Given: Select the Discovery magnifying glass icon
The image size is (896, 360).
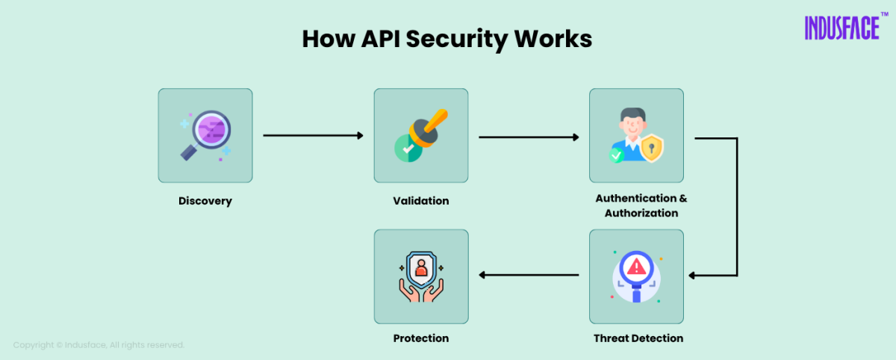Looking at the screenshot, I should [205, 135].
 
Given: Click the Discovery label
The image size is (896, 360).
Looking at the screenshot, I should [205, 201].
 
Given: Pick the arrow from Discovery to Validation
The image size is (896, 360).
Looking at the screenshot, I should [313, 136].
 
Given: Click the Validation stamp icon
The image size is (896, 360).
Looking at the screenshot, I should [420, 135].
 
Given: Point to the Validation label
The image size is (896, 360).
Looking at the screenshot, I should [421, 201].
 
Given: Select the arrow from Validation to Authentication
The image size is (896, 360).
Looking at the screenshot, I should [529, 137].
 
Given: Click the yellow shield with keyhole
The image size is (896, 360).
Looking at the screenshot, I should [652, 149].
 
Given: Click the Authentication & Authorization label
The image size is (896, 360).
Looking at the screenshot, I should [641, 206].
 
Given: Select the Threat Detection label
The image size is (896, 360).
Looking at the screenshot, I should [638, 338].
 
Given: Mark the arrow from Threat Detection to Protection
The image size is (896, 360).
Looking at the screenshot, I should [529, 275].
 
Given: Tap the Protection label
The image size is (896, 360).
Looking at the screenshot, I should [421, 338].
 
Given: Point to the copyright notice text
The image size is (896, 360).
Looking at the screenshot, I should [99, 345].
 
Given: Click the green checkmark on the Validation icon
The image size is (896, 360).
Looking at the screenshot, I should [408, 149].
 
